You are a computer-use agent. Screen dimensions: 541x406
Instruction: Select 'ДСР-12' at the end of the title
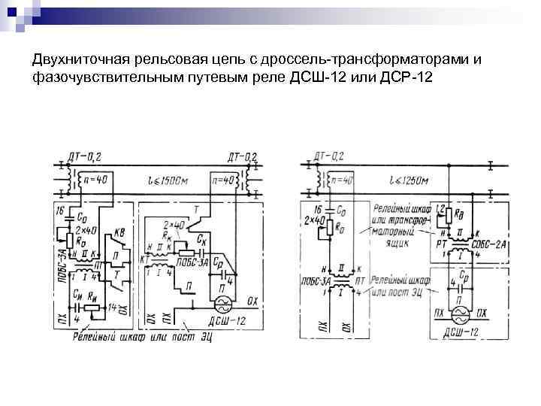click(407, 77)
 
